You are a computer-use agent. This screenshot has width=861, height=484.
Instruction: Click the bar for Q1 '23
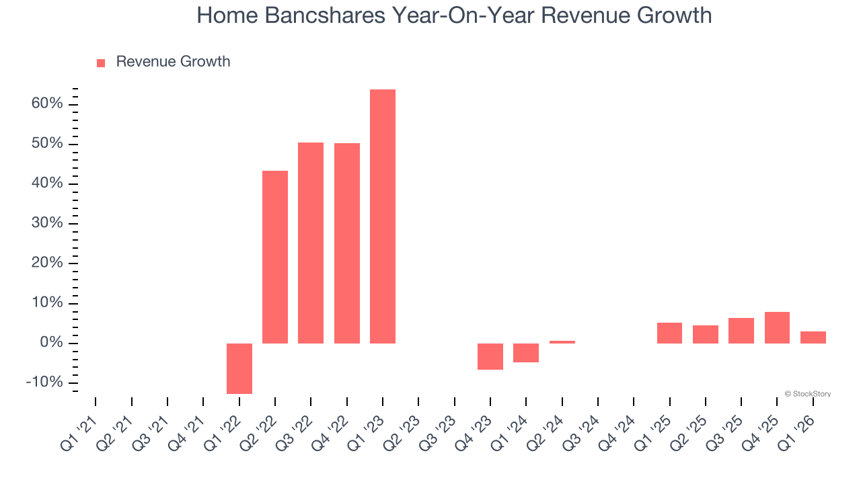(383, 216)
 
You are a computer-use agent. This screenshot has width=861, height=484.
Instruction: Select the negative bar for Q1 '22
(239, 368)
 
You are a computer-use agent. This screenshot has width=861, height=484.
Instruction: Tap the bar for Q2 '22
(275, 257)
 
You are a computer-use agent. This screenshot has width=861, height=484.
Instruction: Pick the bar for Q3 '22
(311, 243)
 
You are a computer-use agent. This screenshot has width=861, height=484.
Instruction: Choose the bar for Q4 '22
(347, 243)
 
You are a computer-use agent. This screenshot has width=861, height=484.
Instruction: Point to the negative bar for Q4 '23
(490, 356)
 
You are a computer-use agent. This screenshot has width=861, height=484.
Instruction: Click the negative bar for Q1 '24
(526, 353)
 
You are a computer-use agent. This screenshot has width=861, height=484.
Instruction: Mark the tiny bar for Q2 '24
(562, 341)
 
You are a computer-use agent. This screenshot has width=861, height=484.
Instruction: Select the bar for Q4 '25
(777, 327)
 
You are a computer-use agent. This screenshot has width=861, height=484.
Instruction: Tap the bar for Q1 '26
(813, 337)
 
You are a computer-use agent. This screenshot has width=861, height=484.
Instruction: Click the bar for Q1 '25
(669, 333)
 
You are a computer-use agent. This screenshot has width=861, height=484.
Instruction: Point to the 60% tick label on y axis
(47, 104)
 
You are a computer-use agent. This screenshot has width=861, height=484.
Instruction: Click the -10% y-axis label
(44, 382)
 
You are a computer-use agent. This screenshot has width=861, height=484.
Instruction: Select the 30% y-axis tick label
(47, 223)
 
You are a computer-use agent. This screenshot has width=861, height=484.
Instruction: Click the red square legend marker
(101, 63)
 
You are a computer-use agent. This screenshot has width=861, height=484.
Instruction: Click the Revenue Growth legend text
(173, 62)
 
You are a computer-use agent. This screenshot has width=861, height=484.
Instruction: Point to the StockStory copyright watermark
(807, 394)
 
